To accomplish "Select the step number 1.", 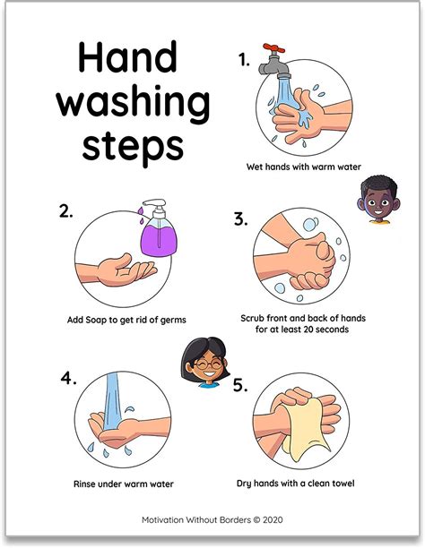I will coord(243,60).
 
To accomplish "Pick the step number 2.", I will coord(65,211).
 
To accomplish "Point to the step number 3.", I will coord(240,218).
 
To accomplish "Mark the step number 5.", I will coord(240,385).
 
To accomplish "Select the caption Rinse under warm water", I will coord(123,484).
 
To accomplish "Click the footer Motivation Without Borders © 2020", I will coord(212,518).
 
